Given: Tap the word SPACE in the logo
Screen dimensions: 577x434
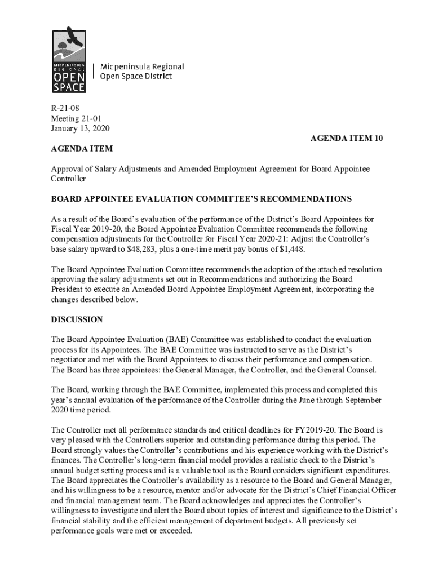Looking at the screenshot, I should (x=69, y=87).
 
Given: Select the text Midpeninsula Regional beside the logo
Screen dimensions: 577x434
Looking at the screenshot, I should (x=142, y=66).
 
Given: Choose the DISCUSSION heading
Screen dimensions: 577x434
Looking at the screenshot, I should (x=77, y=319).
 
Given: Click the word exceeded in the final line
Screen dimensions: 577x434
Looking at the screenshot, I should (x=175, y=531).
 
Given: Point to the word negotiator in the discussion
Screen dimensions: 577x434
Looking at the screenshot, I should (x=70, y=359).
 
